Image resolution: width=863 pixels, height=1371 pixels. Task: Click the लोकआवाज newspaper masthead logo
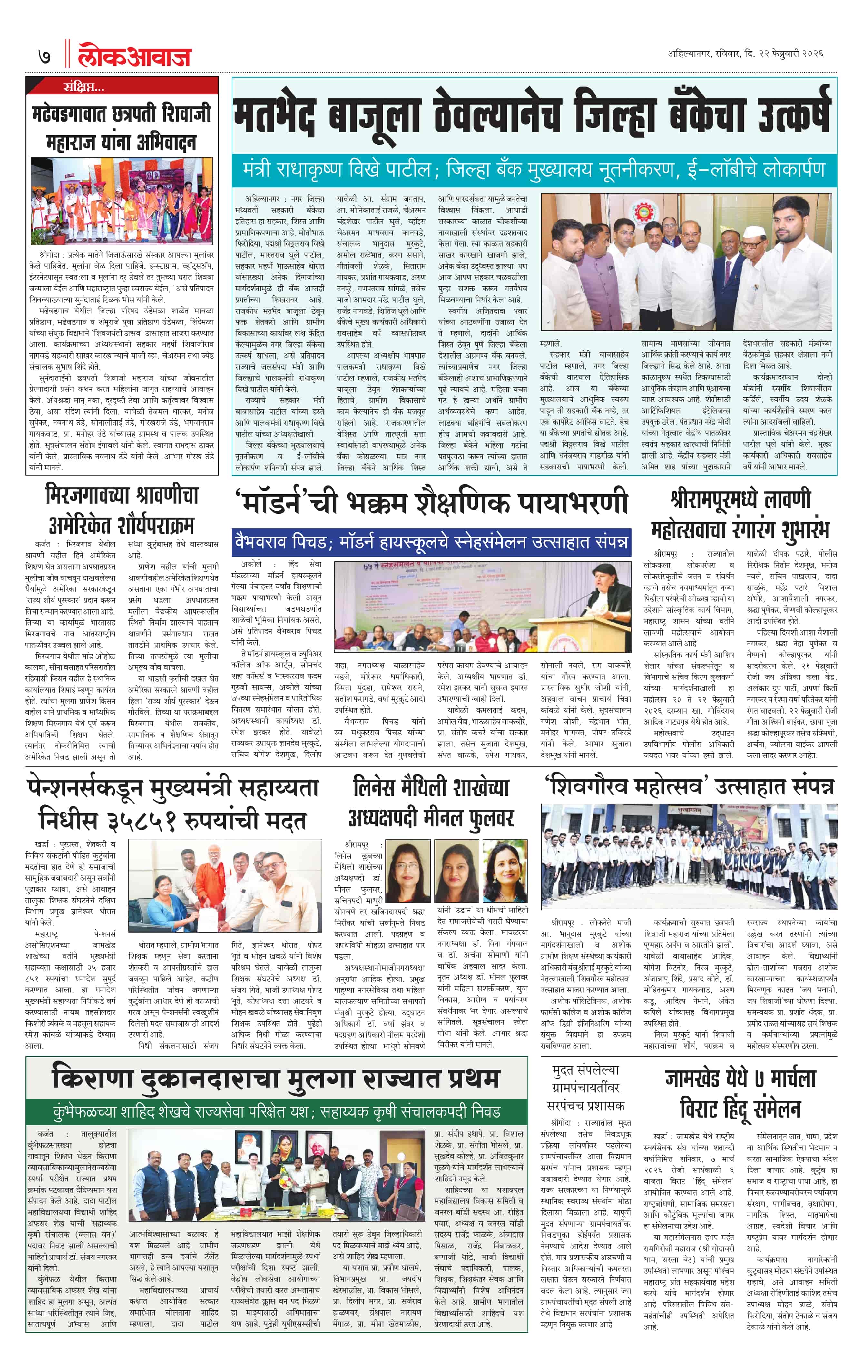pos(135,57)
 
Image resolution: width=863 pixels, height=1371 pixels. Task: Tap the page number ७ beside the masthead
pos(44,57)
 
